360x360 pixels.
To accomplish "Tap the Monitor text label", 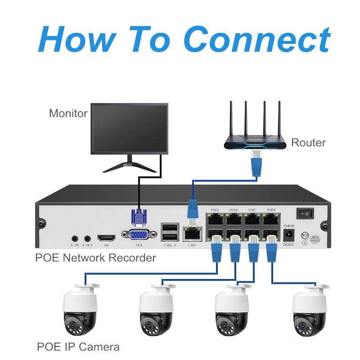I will click(68, 113).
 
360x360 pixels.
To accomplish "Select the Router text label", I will click(308, 143).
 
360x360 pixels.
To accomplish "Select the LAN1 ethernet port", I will click(193, 234).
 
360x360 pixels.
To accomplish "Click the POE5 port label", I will click(215, 210).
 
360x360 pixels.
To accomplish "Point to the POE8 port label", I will click(271, 210).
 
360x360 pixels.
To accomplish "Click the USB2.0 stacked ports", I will click(169, 232).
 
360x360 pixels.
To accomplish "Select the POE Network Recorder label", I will click(95, 258).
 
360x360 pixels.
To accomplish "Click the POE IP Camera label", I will click(78, 347).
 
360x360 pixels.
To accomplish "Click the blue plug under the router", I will click(256, 163).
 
